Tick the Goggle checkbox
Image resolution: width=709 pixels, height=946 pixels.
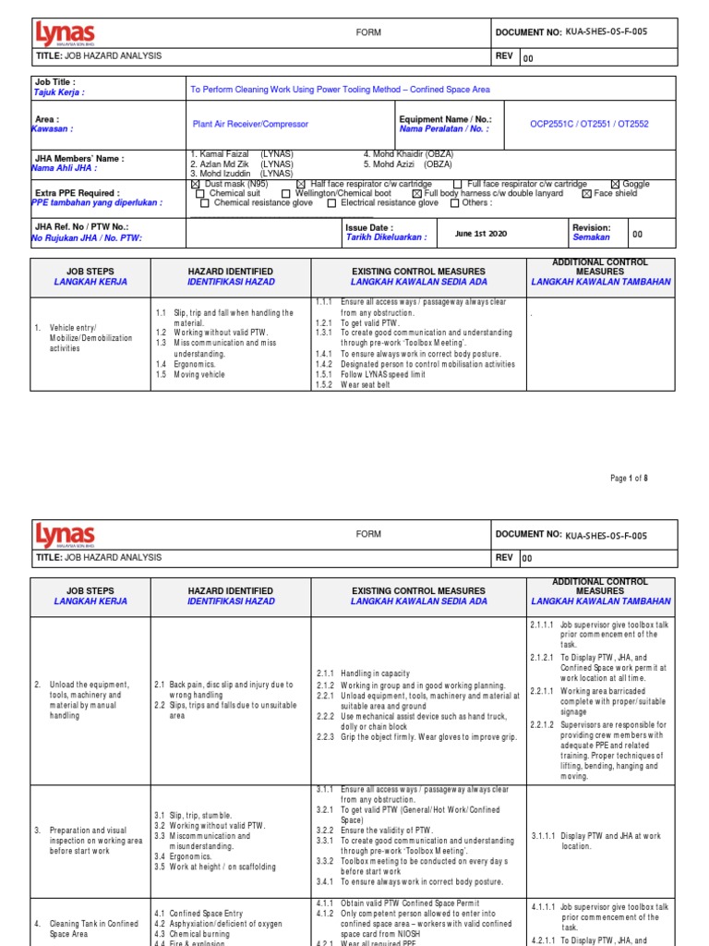616,184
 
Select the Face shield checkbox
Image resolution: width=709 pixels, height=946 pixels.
586,193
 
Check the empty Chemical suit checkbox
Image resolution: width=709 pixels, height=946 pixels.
200,193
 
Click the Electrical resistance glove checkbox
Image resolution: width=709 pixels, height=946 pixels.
332,202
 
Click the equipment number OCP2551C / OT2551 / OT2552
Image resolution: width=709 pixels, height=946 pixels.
589,123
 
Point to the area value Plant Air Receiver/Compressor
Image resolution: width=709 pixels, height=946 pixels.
250,123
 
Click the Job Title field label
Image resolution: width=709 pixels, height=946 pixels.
54,81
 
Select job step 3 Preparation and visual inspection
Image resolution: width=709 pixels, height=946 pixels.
95,840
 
